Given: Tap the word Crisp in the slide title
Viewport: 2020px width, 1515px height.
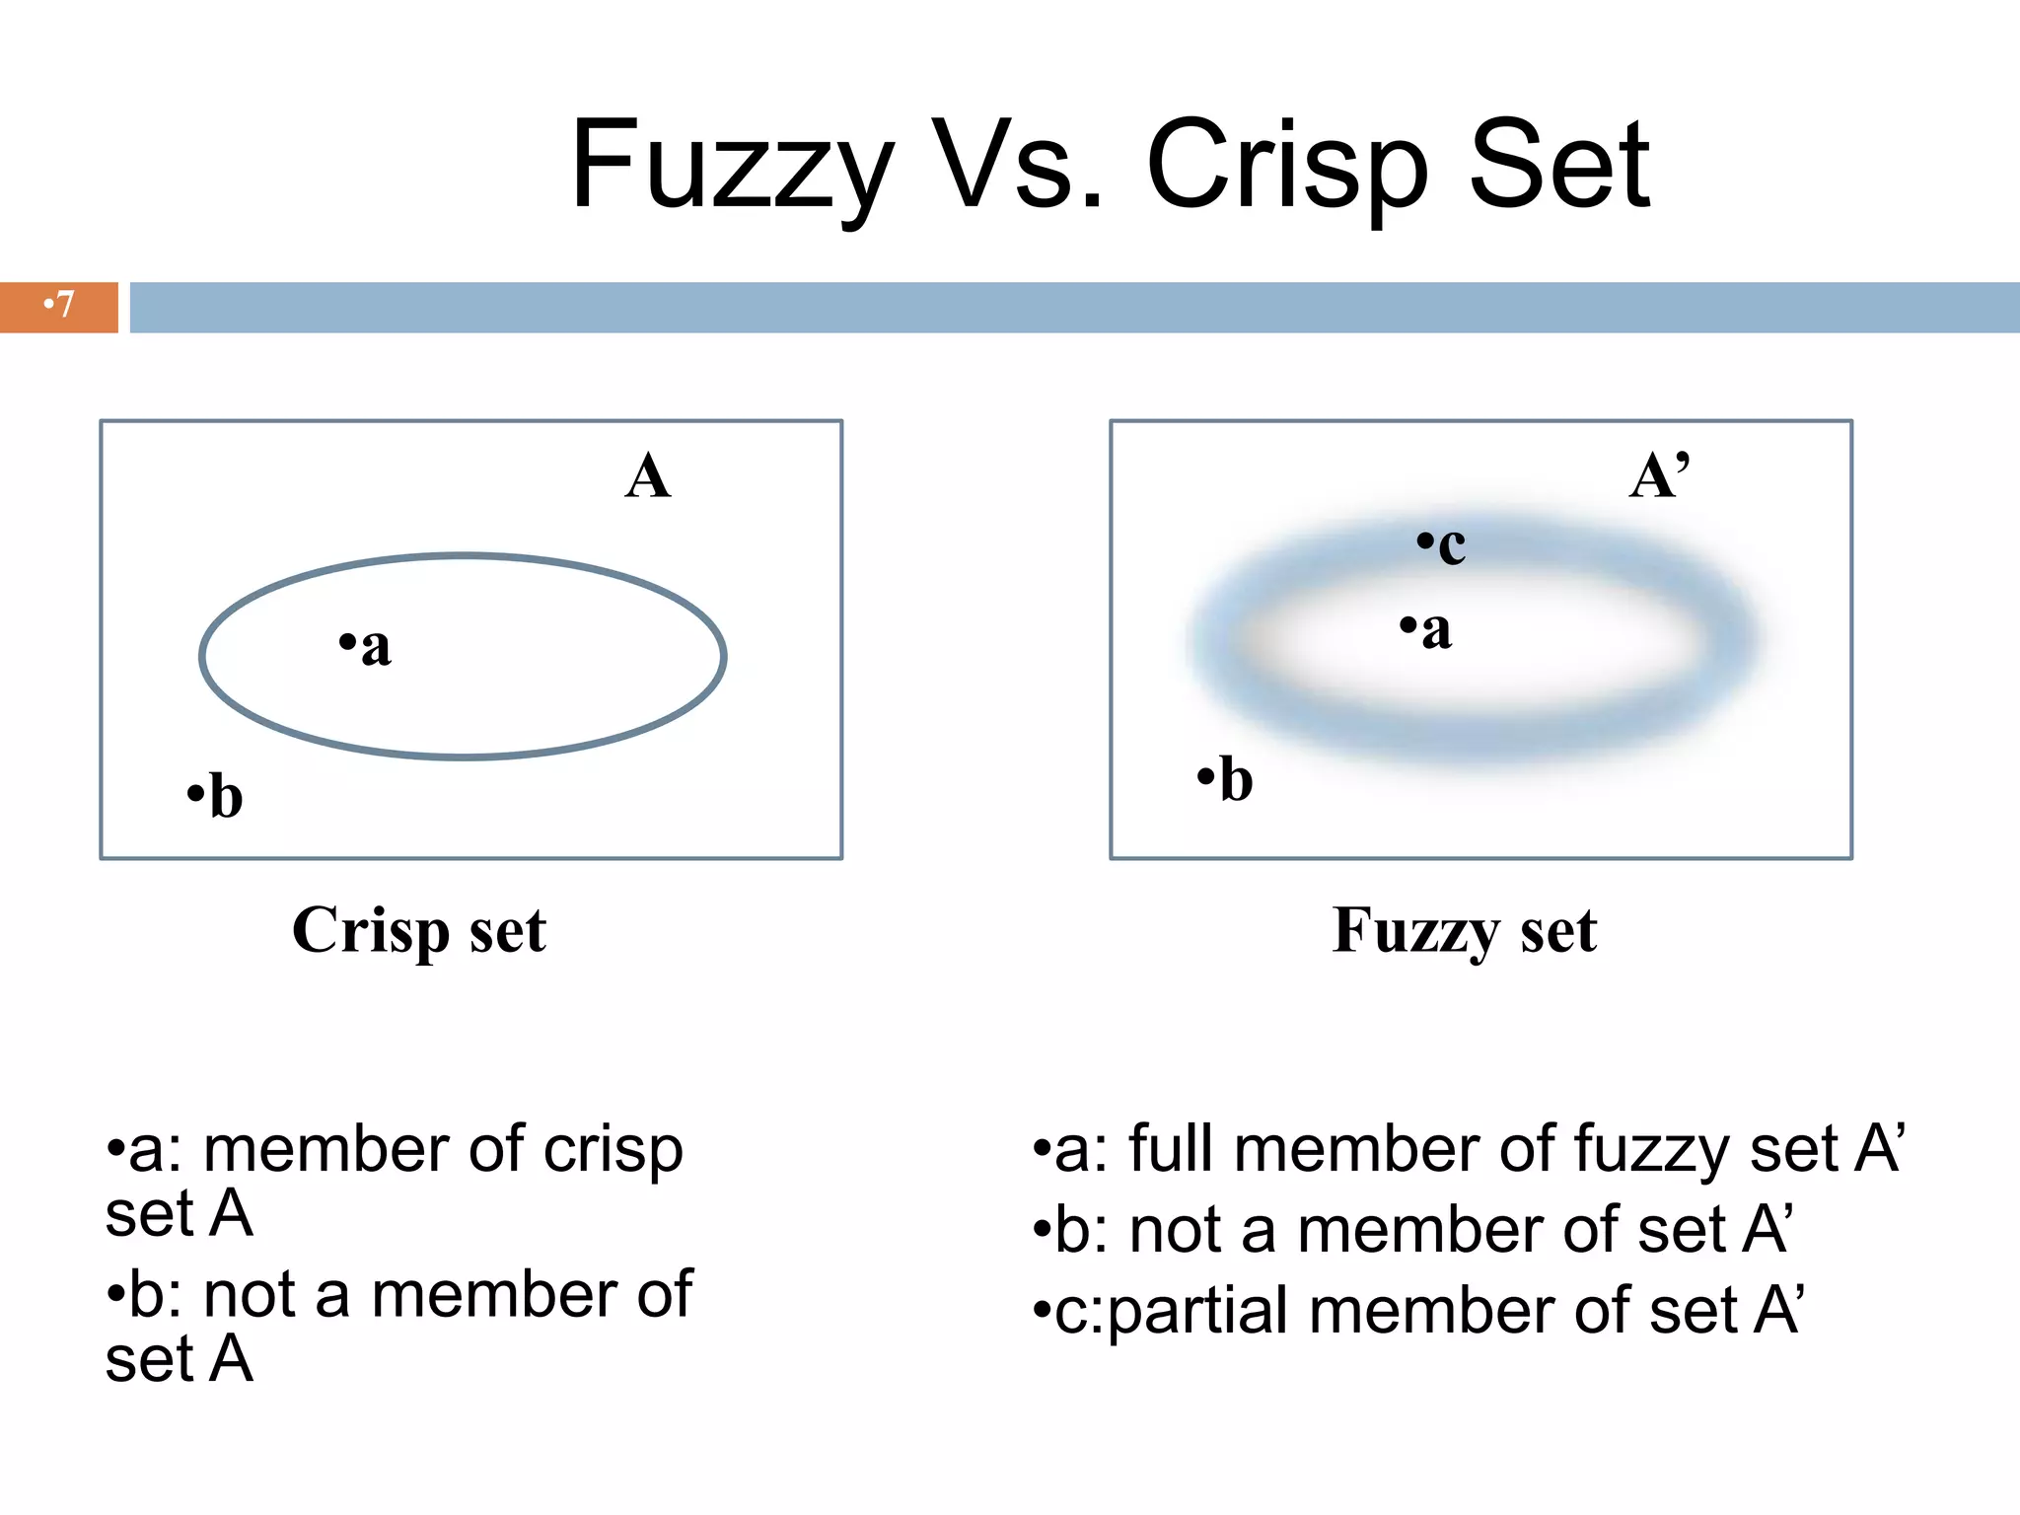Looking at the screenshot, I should (1286, 166).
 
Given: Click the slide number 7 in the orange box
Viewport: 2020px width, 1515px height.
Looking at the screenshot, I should (61, 305).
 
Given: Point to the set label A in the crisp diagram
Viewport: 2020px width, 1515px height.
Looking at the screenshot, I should (648, 477).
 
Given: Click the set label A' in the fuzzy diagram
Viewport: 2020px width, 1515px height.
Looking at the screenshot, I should (1660, 477).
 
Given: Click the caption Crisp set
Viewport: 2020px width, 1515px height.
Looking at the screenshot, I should (419, 930).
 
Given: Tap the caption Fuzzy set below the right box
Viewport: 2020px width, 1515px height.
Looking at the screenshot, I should (1465, 930).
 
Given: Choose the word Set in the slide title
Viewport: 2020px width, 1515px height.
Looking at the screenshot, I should (1559, 166).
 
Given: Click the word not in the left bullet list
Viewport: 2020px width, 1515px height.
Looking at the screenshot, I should (250, 1295).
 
